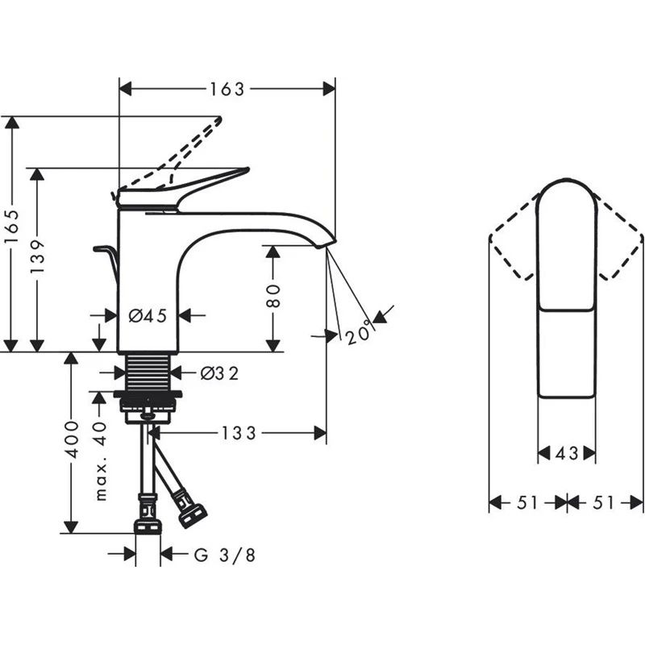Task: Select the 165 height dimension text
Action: tap(10, 234)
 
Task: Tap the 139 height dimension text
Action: tap(37, 256)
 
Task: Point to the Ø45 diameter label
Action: tap(148, 316)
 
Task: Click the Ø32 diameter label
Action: tap(219, 373)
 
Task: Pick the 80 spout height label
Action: tap(273, 297)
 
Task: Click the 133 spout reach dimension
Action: tap(239, 434)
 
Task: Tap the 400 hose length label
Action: tap(72, 439)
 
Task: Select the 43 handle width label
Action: tap(567, 454)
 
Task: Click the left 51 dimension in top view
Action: tap(526, 503)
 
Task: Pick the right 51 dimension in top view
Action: tap(605, 503)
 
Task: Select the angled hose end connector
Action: tap(193, 514)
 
